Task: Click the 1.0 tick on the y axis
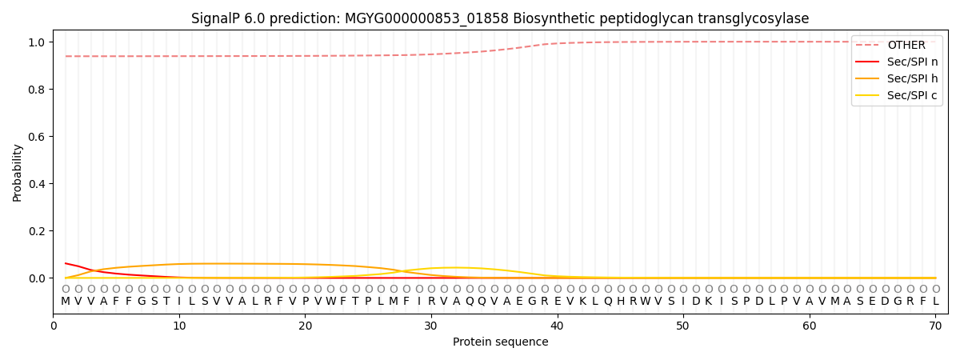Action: (37, 42)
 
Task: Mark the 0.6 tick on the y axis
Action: (37, 137)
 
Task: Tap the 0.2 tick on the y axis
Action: (37, 231)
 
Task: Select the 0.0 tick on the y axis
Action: (37, 278)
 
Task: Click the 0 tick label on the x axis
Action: (53, 326)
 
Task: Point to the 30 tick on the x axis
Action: (431, 326)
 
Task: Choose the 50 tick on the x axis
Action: (683, 326)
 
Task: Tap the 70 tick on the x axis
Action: (935, 326)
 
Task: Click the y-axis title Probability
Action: (17, 173)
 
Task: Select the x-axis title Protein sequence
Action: (501, 342)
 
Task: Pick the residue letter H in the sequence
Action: (620, 302)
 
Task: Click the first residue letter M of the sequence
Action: (66, 302)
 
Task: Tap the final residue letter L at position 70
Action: (935, 302)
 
